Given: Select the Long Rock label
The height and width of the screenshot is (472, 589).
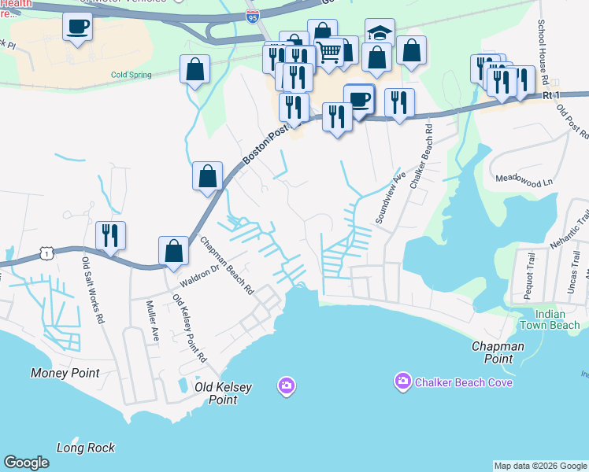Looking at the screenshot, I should coord(86,448).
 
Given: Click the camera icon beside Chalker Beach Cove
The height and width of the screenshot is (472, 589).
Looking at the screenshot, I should coord(402,382).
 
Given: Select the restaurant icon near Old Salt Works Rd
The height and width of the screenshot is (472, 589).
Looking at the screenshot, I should coord(110,234).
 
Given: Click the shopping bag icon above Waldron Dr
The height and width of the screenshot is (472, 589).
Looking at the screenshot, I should coord(174,251).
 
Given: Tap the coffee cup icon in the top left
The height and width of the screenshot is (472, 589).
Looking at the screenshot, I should coord(77,28).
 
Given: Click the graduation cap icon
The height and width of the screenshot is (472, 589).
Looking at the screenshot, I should coord(380,34).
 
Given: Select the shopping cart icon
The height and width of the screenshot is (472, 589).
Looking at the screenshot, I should coord(329,52).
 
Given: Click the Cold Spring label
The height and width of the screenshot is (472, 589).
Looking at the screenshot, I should coord(129,75).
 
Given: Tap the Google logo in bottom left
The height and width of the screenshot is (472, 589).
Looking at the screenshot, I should coord(26,463).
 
